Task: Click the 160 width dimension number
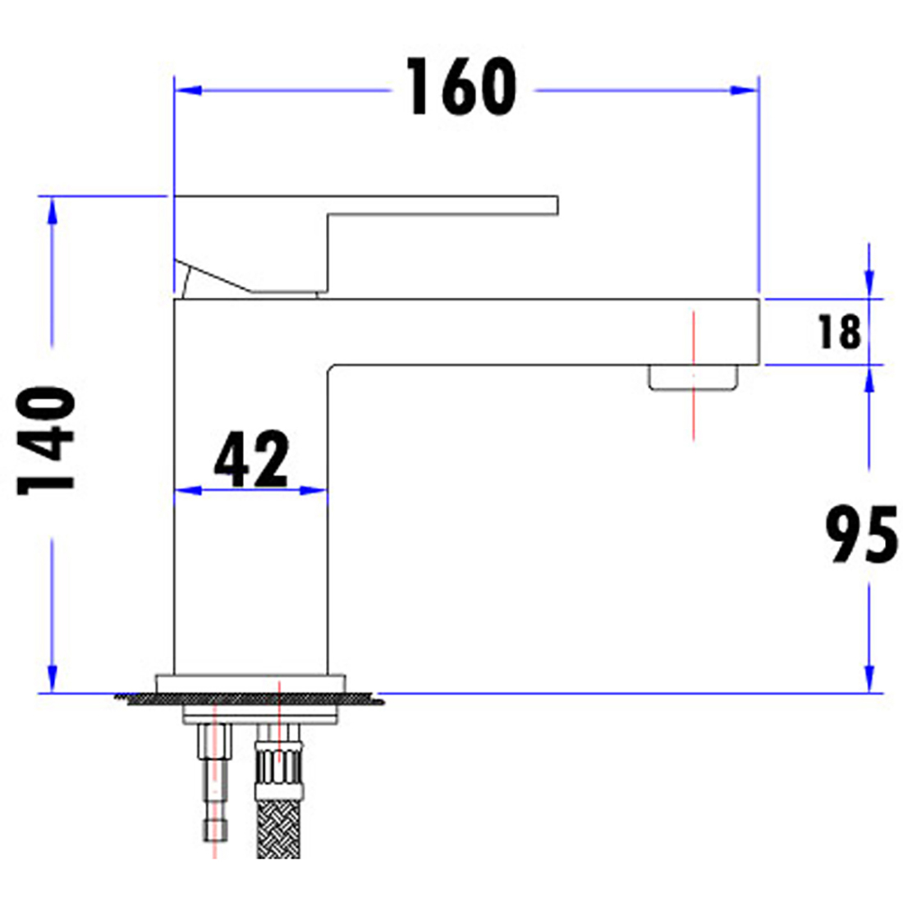click(x=461, y=87)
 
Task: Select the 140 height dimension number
click(x=48, y=441)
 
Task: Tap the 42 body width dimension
click(x=251, y=458)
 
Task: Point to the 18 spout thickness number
click(x=839, y=332)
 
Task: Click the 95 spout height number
click(x=860, y=535)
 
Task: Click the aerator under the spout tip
click(x=693, y=378)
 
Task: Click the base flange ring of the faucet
click(x=251, y=683)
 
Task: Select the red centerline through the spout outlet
click(x=694, y=419)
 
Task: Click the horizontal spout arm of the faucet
click(x=542, y=332)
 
